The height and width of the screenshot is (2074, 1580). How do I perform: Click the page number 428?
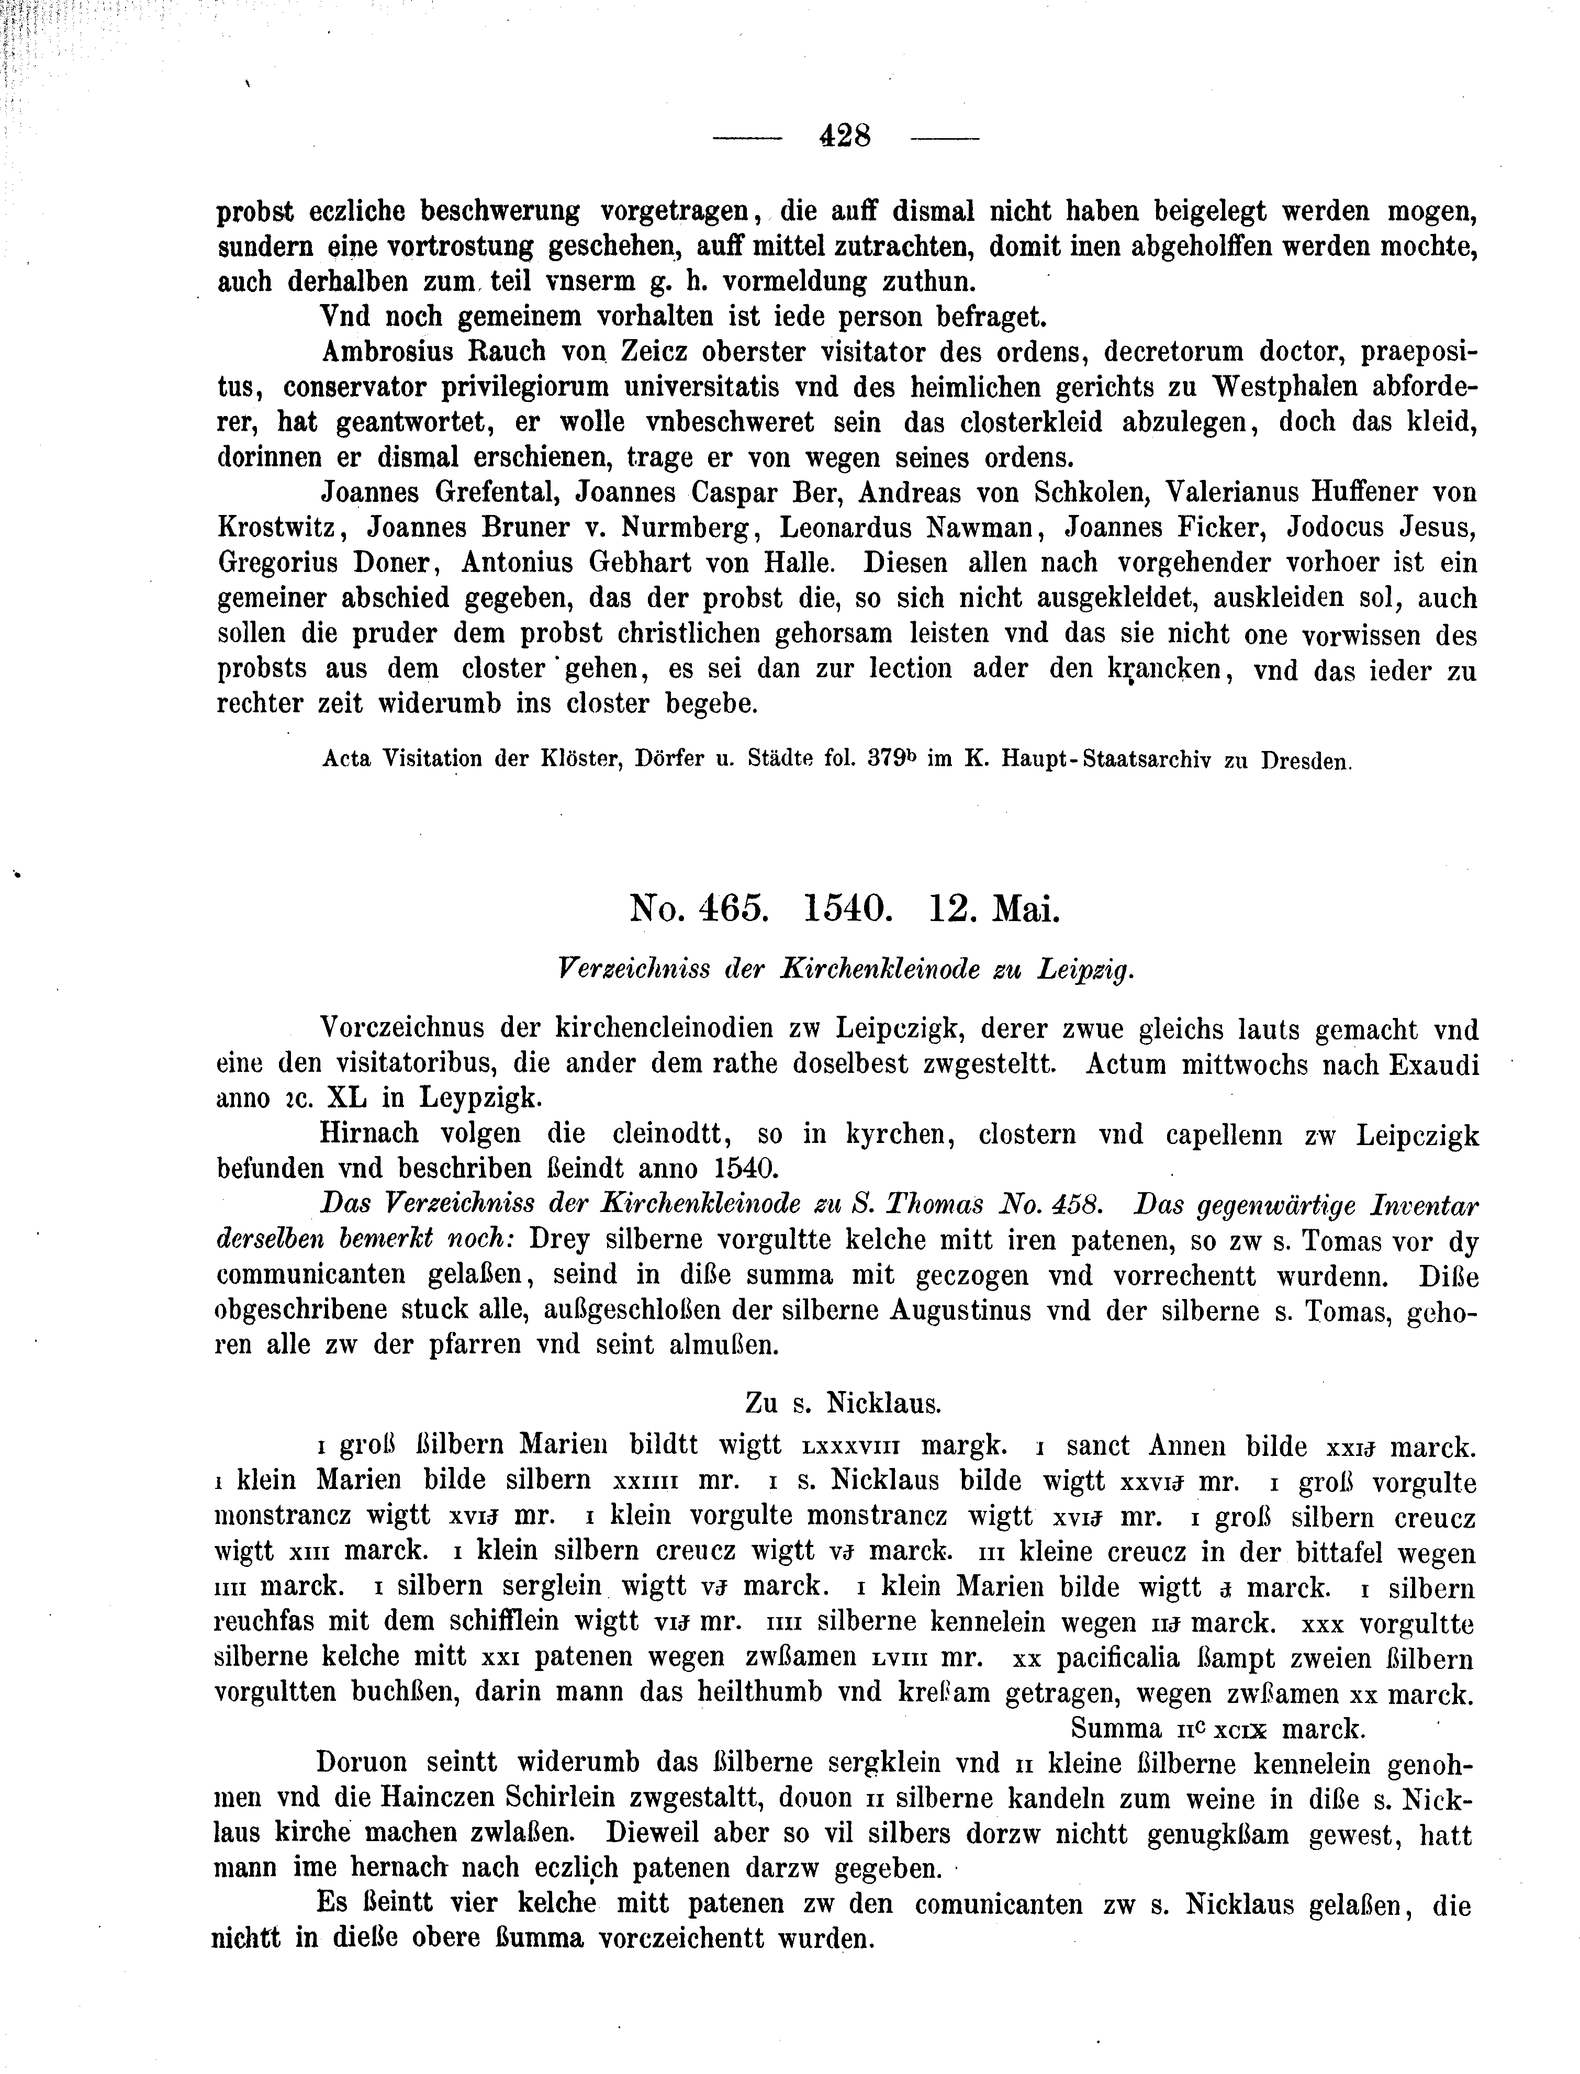[846, 137]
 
